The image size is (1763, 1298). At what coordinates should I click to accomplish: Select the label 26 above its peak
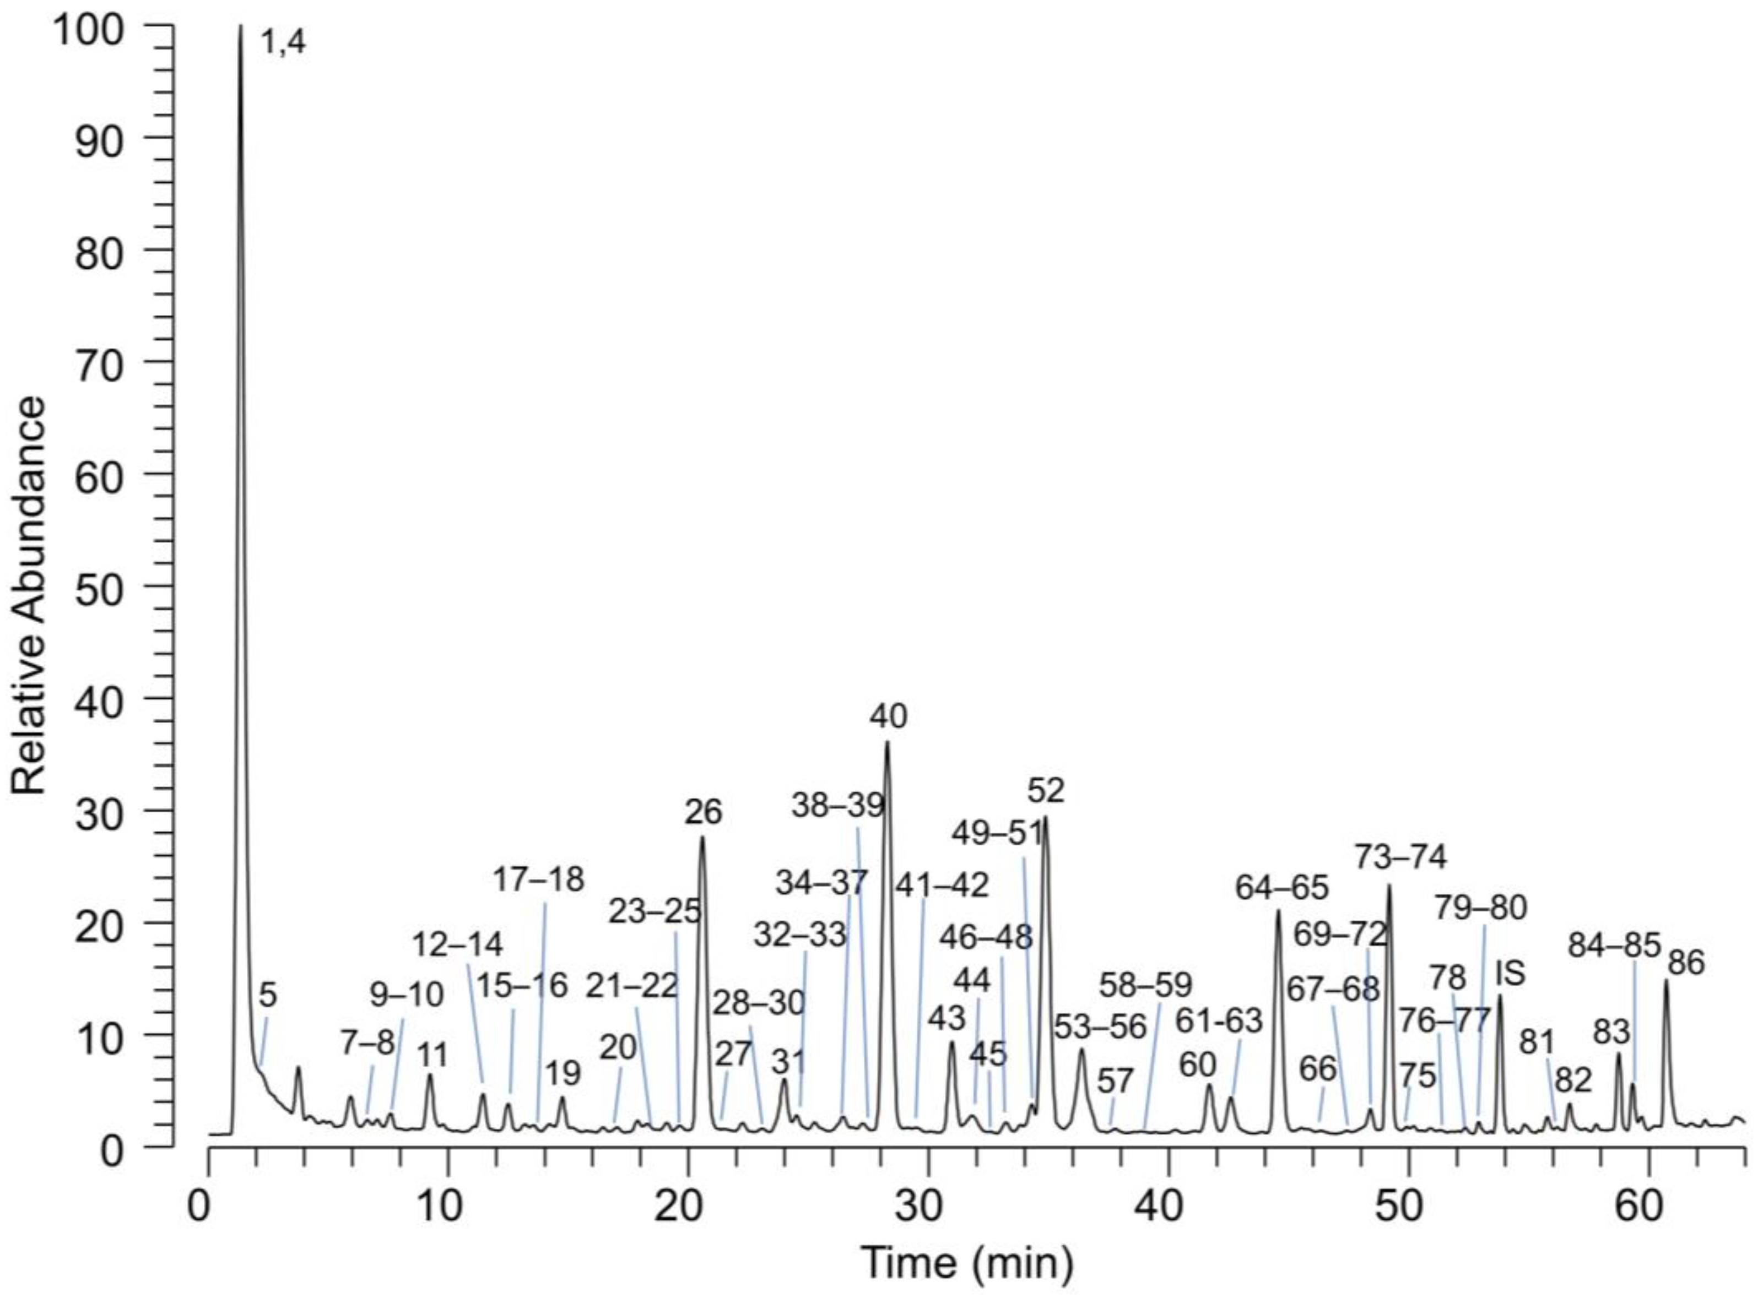coord(702,812)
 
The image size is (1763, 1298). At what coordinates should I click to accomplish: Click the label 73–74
coord(1400,857)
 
